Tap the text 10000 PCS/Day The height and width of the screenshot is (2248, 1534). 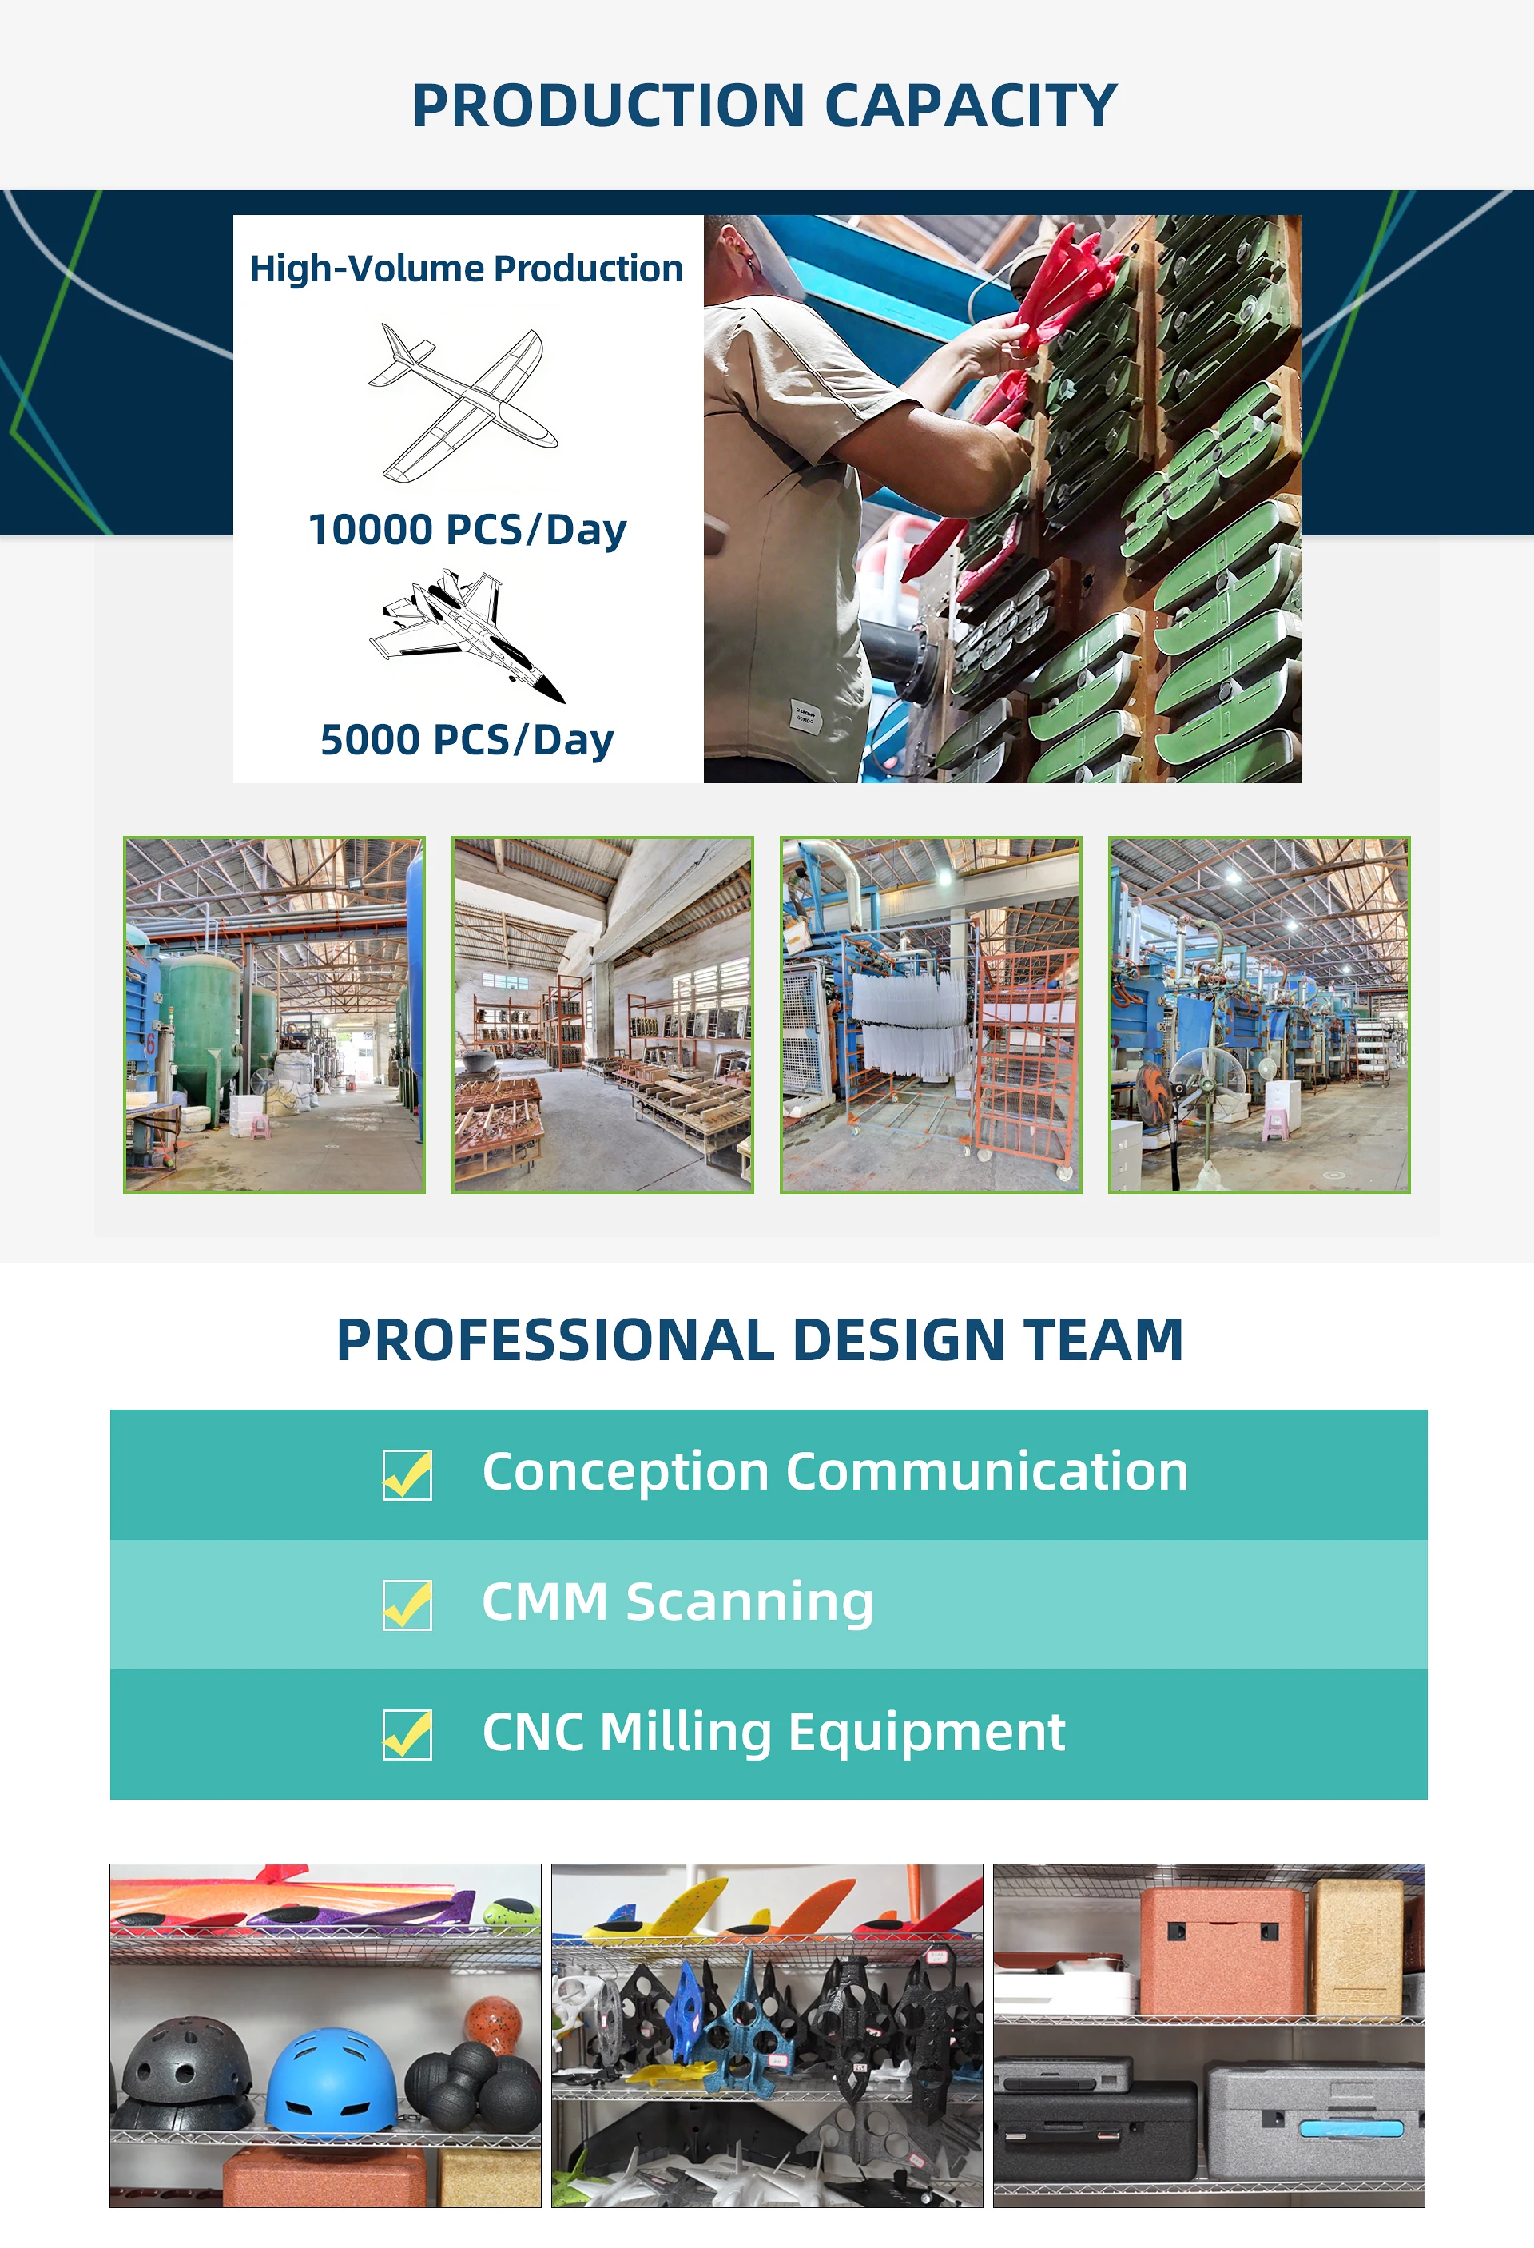(x=467, y=530)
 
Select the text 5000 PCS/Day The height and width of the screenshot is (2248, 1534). (x=467, y=740)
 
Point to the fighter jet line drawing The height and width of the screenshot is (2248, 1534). (x=467, y=635)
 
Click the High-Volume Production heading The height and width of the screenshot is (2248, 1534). (x=467, y=269)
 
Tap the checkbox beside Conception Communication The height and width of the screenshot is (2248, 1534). (x=407, y=1474)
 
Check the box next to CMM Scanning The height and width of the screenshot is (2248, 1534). (x=407, y=1605)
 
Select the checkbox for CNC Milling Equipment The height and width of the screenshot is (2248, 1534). (x=407, y=1734)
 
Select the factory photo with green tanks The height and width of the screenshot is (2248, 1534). (x=275, y=1015)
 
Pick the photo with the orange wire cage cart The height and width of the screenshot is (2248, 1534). (x=931, y=1015)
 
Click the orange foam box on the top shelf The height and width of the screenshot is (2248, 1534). (x=1222, y=1951)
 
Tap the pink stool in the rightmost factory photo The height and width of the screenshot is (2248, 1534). (x=1276, y=1123)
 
